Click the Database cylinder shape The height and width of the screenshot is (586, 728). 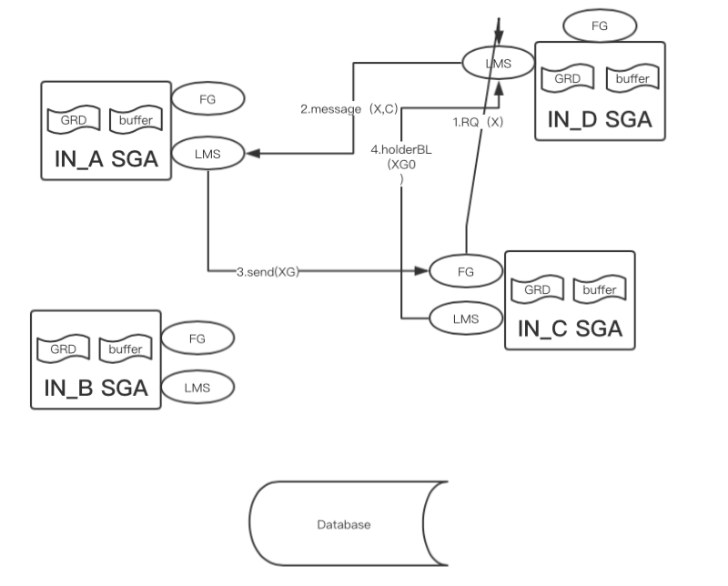point(349,525)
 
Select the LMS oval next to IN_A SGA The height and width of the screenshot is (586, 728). point(208,154)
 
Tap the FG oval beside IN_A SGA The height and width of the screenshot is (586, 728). point(208,99)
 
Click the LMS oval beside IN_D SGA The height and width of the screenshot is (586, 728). point(499,63)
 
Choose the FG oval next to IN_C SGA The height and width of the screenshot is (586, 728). point(465,270)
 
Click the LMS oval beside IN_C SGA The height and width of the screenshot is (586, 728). point(465,318)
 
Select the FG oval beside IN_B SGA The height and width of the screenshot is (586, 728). point(197,338)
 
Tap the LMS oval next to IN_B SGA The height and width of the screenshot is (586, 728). point(197,387)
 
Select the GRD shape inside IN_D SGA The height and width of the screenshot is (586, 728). point(567,79)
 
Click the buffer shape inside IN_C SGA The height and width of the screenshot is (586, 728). point(599,290)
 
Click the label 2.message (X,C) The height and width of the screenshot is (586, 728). point(349,108)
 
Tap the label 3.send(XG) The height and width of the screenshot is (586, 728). point(268,271)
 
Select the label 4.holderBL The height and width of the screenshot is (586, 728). point(401,149)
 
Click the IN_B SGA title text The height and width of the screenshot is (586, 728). point(96,388)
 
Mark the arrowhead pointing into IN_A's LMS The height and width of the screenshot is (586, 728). point(254,154)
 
